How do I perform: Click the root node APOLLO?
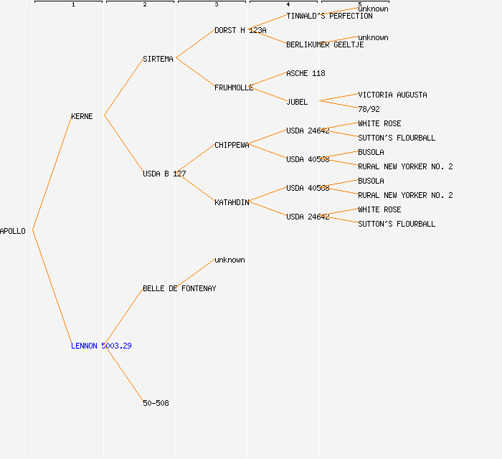point(13,231)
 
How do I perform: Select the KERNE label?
point(82,116)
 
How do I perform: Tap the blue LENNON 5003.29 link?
point(101,346)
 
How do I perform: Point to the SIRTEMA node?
point(158,59)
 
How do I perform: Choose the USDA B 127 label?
point(164,174)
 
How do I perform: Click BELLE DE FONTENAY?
point(179,288)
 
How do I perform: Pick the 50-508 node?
point(156,403)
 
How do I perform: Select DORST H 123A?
point(240,30)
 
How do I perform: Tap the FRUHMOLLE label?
point(234,87)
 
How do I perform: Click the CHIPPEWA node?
point(232,145)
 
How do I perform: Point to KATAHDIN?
point(232,202)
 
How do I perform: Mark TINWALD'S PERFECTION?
point(329,16)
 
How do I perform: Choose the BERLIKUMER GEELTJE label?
point(325,44)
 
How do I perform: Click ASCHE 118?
point(306,73)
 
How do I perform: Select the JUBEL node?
point(297,102)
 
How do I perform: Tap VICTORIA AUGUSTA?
point(392,95)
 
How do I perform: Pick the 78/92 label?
point(369,109)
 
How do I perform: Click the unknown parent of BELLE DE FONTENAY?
point(229,260)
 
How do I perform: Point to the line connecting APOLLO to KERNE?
point(52,173)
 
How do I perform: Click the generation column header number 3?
point(217,5)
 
